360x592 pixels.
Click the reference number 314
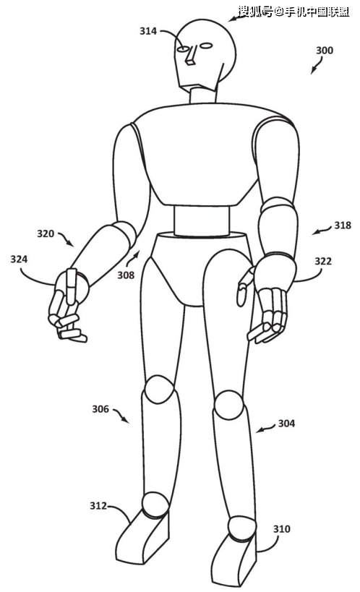click(x=148, y=31)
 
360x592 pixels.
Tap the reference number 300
click(x=325, y=50)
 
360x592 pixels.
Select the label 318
click(x=343, y=226)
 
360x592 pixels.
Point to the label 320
click(x=46, y=233)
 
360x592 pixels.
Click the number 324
click(x=19, y=259)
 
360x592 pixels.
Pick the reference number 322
click(x=323, y=261)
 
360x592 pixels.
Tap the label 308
click(x=126, y=275)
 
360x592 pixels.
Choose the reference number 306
click(x=100, y=409)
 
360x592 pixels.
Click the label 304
click(x=286, y=424)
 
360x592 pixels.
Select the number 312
click(x=98, y=505)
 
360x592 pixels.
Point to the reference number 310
click(x=282, y=529)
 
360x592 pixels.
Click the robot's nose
click(x=190, y=56)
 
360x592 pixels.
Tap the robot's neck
click(x=203, y=95)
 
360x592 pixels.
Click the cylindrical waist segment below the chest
click(x=202, y=221)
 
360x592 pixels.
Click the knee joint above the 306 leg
click(x=160, y=390)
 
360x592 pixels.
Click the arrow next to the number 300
click(x=317, y=65)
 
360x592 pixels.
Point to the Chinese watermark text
click(x=293, y=12)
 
